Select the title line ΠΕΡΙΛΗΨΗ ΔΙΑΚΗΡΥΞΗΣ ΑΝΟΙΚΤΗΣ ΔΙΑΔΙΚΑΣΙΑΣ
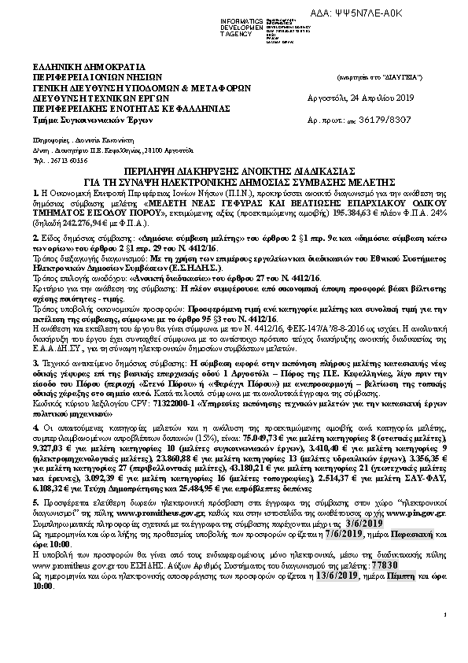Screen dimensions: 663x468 (234, 171)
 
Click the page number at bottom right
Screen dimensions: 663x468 (444, 636)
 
